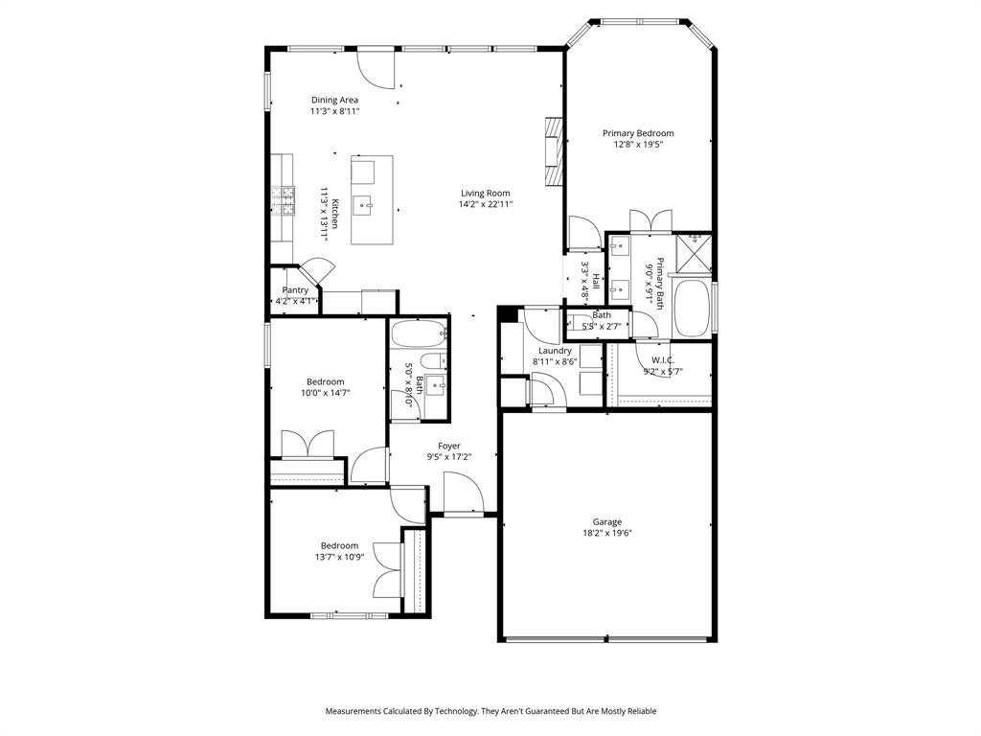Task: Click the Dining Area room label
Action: click(334, 100)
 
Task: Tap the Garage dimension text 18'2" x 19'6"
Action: click(606, 533)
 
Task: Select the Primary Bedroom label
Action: click(638, 132)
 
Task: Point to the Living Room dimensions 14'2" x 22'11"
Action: click(486, 203)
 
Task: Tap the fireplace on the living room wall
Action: click(554, 151)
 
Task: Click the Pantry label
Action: click(295, 290)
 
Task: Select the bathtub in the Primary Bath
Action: click(693, 308)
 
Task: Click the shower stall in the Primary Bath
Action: click(694, 252)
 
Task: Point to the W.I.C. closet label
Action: click(663, 360)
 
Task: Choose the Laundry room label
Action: click(555, 351)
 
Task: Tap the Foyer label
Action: click(449, 446)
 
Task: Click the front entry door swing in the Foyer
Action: click(464, 493)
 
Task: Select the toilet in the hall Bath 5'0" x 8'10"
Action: click(432, 361)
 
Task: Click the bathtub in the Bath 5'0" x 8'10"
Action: click(420, 333)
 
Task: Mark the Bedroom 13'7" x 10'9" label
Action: click(340, 545)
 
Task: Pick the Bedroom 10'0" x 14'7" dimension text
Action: click(326, 393)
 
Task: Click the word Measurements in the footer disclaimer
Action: click(353, 711)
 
